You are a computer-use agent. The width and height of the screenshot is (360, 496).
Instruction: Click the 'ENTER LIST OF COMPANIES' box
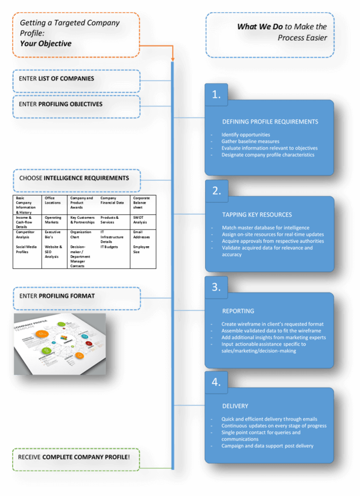[x=76, y=81]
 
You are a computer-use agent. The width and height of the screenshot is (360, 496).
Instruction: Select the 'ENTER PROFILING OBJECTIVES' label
[x=76, y=106]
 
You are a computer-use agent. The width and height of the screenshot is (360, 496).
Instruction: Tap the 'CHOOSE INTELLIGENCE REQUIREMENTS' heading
[x=76, y=180]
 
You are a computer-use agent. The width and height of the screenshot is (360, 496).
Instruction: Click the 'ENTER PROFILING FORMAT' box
[x=76, y=298]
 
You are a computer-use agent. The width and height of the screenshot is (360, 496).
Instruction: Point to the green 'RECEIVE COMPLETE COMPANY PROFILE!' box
[x=76, y=459]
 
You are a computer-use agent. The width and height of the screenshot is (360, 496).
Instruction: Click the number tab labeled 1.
[x=216, y=95]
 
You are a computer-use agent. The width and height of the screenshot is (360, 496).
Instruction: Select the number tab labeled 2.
[x=216, y=191]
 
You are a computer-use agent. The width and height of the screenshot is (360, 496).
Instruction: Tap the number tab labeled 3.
[x=216, y=287]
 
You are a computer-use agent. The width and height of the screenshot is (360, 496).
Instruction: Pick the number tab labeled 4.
[x=216, y=382]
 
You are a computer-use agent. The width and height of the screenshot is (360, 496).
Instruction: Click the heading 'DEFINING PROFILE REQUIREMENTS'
[x=270, y=122]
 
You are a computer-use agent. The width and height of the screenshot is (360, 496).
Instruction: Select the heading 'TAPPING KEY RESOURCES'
[x=257, y=215]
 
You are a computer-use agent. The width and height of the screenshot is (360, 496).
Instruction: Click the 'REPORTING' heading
[x=238, y=311]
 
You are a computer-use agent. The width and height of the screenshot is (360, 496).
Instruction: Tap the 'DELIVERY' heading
[x=235, y=406]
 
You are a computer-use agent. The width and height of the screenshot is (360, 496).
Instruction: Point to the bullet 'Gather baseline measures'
[x=250, y=141]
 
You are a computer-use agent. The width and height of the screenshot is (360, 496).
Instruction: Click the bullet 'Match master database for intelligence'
[x=266, y=228]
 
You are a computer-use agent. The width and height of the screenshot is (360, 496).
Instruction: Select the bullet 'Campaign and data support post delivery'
[x=267, y=446]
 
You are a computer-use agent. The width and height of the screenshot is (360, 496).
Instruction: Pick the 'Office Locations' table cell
[x=54, y=200]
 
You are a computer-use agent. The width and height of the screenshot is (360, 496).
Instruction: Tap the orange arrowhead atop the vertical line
[x=173, y=58]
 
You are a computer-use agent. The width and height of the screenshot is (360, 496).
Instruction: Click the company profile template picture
[x=59, y=344]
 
